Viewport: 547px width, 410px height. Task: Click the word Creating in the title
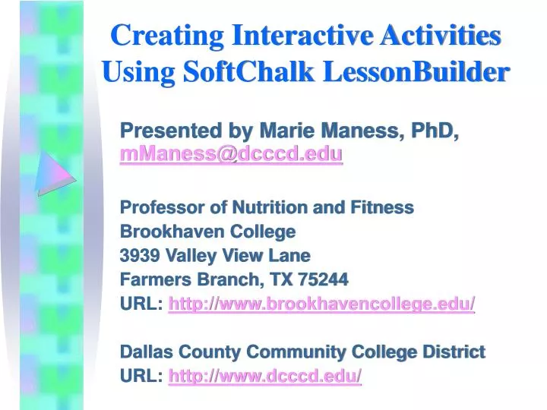pos(167,35)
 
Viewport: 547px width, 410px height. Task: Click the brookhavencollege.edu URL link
pos(321,303)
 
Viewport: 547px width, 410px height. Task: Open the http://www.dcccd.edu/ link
pos(265,375)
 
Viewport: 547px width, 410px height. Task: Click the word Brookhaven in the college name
pos(169,231)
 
